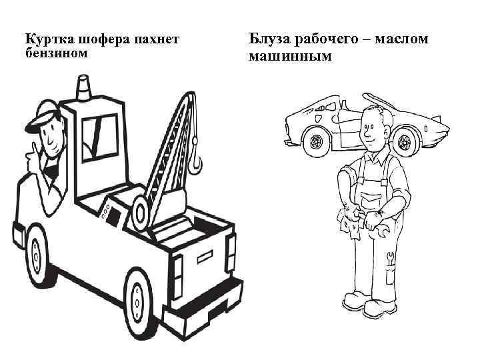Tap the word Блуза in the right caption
pos(266,39)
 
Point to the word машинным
pos(289,56)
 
